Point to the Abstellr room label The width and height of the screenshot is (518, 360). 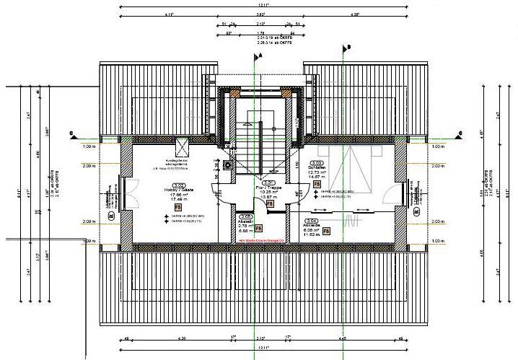click(245, 221)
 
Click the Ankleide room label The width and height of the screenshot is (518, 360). click(312, 225)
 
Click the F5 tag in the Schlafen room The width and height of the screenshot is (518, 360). click(317, 184)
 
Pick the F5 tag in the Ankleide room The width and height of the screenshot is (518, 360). click(326, 232)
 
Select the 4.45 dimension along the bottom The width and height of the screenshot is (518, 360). click(343, 338)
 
